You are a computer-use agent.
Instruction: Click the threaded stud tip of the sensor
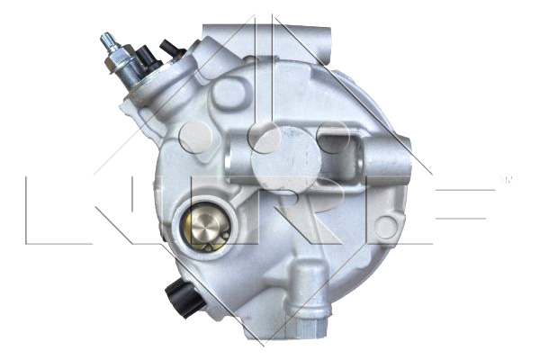(x=107, y=40)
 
